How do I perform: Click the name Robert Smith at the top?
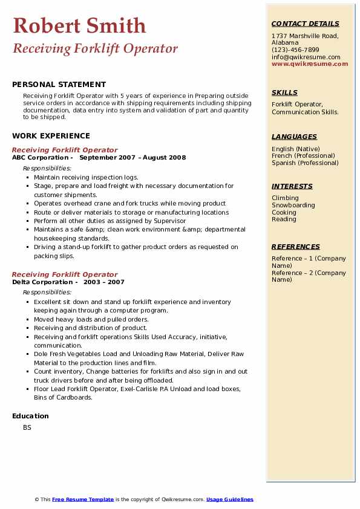coord(79,25)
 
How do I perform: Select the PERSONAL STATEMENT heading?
coord(59,85)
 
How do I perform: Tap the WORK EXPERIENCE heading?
coord(51,135)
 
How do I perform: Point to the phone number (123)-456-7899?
coord(295,50)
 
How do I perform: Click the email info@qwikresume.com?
coord(306,57)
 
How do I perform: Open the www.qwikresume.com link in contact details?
coord(310,63)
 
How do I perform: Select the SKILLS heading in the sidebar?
coord(284,92)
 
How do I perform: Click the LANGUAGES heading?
coord(294,137)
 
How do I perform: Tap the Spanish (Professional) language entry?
coord(305,163)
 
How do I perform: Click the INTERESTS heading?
coord(292,186)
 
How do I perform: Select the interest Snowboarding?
coord(293,205)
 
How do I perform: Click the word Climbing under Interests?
coord(285,198)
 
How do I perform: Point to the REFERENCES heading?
coord(296,247)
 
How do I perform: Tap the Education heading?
coord(30,416)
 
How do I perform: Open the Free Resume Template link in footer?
coord(83,499)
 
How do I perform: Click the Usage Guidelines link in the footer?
coord(230,499)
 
